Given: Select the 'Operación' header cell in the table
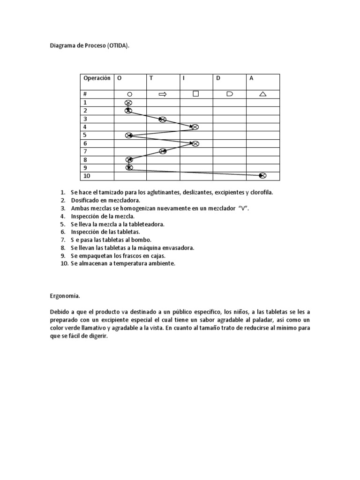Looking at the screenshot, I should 97,78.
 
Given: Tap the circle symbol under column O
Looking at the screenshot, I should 129,94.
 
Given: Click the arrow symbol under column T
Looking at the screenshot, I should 163,94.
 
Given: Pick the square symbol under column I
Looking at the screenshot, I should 195,94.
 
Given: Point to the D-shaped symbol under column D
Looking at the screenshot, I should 229,94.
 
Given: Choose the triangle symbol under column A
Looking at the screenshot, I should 262,94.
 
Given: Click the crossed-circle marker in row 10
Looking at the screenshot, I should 262,176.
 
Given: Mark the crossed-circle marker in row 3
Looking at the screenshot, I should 162,119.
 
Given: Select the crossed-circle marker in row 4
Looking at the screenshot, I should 195,127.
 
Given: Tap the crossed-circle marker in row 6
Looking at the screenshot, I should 195,143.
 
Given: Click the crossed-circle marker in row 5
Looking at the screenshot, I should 129,135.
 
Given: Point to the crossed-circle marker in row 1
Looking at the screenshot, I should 128,103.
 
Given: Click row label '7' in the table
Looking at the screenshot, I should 85,151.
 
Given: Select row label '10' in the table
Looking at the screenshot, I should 86,176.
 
